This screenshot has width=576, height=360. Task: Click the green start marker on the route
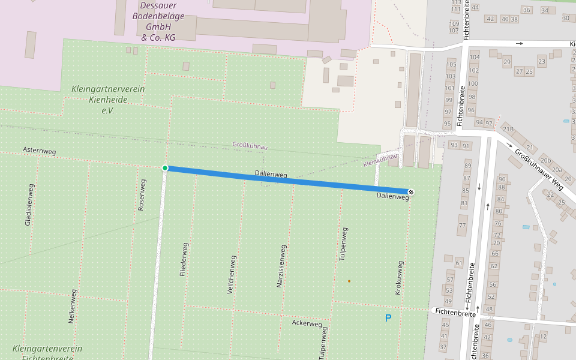tap(165, 168)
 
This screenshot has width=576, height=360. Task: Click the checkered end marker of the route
tap(411, 192)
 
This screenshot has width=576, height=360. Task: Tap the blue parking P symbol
tap(388, 318)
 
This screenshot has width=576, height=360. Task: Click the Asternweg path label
tap(39, 151)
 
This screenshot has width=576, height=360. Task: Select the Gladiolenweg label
tap(29, 205)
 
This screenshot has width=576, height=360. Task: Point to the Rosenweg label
tap(142, 194)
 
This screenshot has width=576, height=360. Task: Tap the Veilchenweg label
tap(230, 274)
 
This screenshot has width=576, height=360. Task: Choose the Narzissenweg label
tap(280, 266)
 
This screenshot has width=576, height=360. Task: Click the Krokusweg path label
tap(398, 277)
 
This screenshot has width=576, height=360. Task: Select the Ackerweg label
tap(307, 323)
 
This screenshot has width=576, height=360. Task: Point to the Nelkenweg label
tap(72, 306)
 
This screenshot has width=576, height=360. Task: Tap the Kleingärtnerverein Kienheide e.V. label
tap(108, 100)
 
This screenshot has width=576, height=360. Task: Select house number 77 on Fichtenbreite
tap(462, 226)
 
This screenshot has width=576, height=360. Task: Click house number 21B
tap(508, 129)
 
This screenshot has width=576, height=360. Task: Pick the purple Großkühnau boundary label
tap(250, 146)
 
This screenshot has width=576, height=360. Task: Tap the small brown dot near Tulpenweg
tap(349, 281)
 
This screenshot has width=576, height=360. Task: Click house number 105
tap(451, 65)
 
